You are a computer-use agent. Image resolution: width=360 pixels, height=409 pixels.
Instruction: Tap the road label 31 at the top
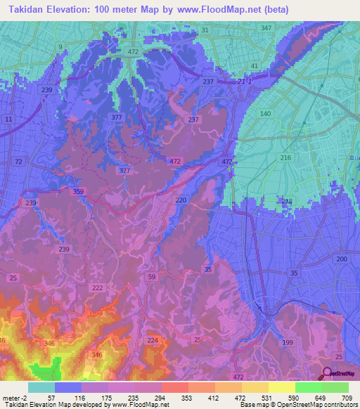[x=205, y=30]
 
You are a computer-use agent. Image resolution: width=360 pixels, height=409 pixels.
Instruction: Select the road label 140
[x=266, y=113]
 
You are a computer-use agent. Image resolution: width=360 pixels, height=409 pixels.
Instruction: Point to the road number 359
[x=79, y=191]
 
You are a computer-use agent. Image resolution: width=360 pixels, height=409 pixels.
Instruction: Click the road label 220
[x=181, y=200]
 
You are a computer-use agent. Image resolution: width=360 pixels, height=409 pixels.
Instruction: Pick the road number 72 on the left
[x=18, y=162]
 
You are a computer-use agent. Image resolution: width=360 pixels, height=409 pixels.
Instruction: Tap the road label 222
[x=98, y=288]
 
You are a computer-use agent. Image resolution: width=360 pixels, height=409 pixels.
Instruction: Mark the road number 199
[x=287, y=342]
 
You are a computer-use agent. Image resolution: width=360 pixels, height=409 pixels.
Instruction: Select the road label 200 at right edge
[x=342, y=259]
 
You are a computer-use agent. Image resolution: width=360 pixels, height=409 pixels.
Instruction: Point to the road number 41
[x=254, y=65]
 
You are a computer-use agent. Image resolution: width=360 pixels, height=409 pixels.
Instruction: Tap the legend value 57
[x=51, y=398]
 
